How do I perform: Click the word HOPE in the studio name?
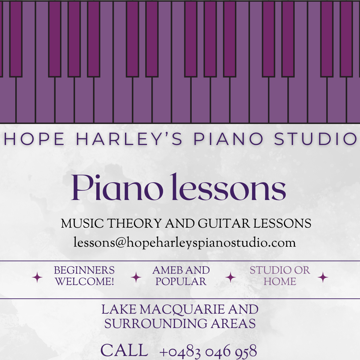34,139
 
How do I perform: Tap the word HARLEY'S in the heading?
129,139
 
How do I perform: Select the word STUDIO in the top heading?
315,139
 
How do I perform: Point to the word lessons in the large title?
229,187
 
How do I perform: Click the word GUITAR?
224,223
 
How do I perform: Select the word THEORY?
135,223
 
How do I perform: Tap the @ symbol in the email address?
121,243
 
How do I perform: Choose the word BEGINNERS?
84,270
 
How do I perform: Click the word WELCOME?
84,281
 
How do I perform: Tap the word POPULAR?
181,281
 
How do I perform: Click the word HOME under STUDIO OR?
280,281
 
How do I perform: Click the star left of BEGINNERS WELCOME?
37,277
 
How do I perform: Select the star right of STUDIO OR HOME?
323,277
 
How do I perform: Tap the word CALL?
124,350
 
